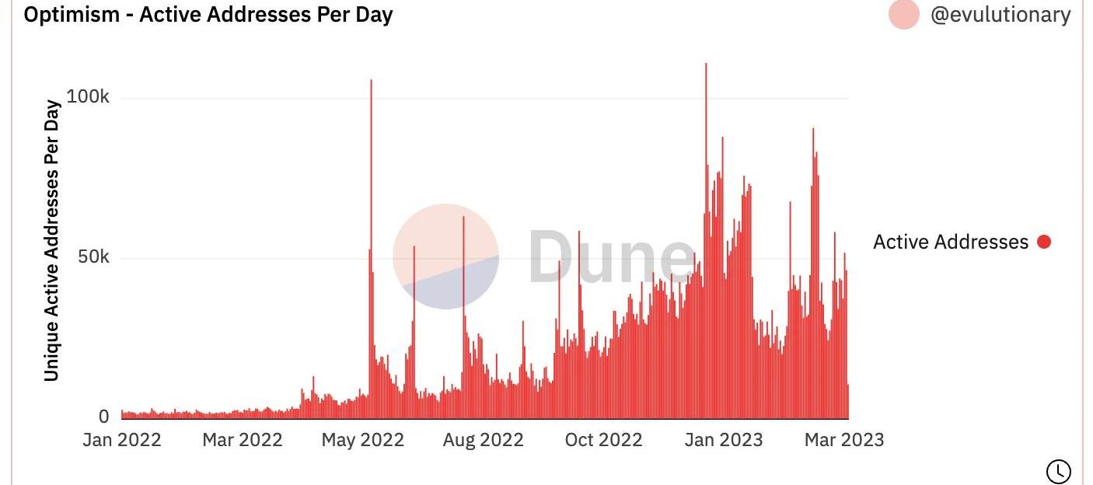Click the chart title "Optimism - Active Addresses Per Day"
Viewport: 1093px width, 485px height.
(x=208, y=15)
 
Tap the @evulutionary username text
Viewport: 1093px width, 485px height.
(x=1000, y=15)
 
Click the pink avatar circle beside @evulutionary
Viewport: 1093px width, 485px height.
(x=903, y=14)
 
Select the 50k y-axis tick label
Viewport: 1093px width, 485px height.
(x=93, y=257)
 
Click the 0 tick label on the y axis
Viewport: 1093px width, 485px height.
(x=104, y=417)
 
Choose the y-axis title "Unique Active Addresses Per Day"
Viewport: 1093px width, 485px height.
(x=52, y=240)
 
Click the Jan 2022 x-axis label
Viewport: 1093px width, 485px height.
(x=122, y=440)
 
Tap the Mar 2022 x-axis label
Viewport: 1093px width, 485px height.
(x=243, y=440)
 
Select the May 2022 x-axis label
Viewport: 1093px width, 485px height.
(x=363, y=440)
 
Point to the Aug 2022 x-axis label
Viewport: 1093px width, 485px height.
(x=484, y=440)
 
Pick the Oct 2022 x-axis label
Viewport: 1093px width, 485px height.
(x=604, y=440)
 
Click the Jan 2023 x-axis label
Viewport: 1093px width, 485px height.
(x=724, y=440)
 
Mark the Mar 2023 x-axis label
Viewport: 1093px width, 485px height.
(x=844, y=440)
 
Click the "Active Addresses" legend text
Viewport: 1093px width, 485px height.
(x=951, y=242)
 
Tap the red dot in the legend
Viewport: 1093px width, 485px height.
(x=1044, y=242)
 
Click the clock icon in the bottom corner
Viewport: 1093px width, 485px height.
(x=1059, y=471)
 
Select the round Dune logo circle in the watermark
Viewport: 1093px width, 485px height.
(x=445, y=256)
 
